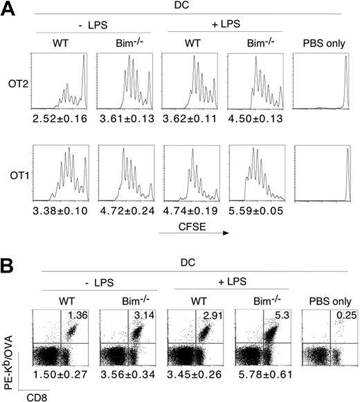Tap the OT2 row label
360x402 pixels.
(x=17, y=91)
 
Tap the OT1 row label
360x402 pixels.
(x=17, y=177)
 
